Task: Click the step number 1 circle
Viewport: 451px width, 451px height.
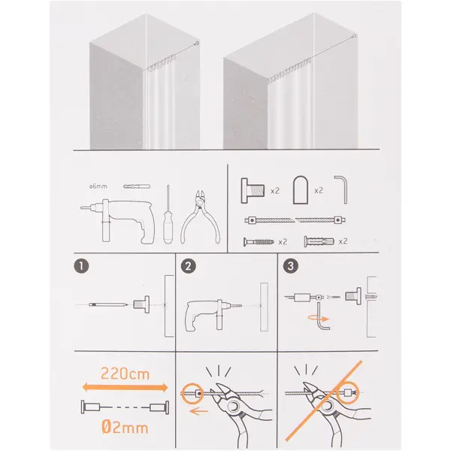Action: coord(81,266)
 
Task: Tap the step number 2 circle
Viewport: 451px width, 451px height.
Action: coord(189,266)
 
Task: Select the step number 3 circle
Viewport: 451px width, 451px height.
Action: coord(290,266)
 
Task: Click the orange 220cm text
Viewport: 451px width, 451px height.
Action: coord(125,374)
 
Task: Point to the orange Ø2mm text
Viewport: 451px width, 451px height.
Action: coord(125,427)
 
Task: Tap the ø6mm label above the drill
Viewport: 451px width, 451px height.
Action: coord(98,186)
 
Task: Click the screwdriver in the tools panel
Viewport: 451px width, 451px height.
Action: coord(168,214)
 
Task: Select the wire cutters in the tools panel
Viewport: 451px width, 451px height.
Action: coord(201,217)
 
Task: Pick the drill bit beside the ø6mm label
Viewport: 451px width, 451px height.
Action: coord(137,186)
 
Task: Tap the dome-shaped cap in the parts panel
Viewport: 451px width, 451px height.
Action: coord(301,190)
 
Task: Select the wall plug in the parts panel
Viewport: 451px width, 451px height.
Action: coord(319,241)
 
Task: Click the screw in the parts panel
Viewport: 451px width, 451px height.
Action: coord(259,242)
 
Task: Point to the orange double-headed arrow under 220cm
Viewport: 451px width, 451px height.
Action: coord(125,387)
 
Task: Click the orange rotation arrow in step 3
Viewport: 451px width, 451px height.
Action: coord(319,319)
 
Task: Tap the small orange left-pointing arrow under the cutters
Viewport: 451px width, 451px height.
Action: coord(198,412)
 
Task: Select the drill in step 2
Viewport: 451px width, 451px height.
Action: coord(213,315)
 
